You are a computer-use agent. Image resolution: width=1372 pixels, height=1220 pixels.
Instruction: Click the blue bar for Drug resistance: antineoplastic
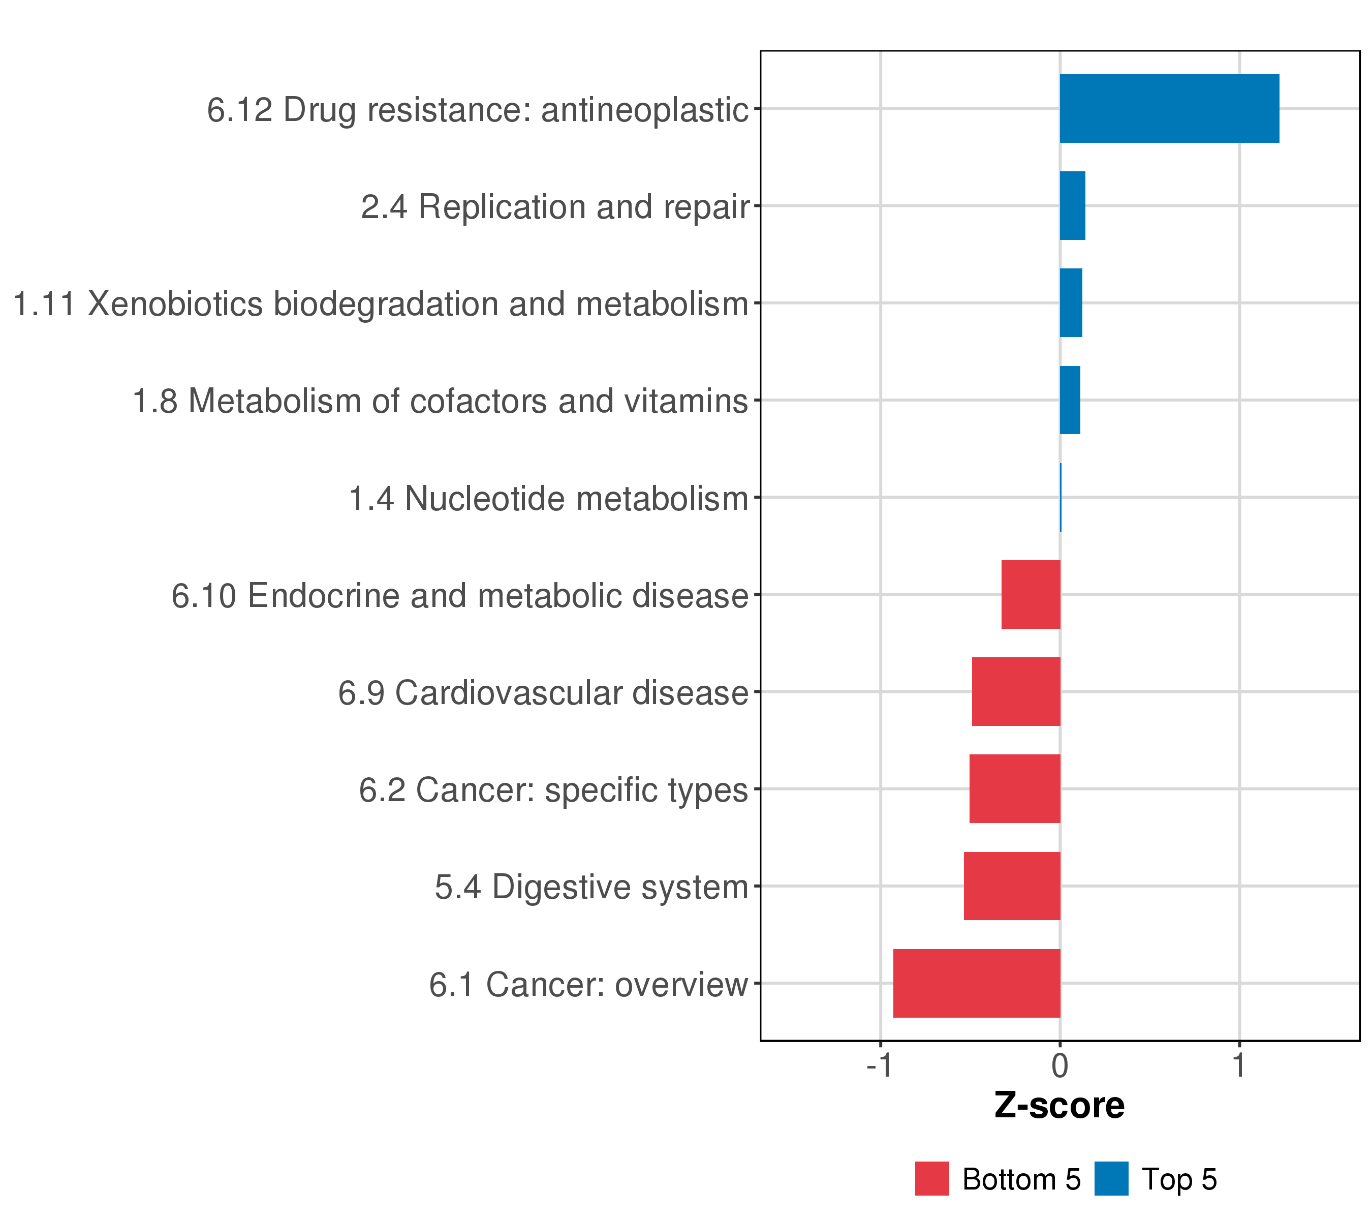(x=1169, y=109)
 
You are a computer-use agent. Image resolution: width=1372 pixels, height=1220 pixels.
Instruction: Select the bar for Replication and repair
(x=1072, y=205)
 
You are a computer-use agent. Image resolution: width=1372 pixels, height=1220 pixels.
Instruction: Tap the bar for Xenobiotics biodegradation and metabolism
(x=1071, y=303)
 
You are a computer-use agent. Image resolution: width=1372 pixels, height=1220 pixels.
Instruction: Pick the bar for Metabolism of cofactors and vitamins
(x=1070, y=400)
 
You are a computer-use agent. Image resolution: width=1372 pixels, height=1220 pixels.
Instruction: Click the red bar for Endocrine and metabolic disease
(x=1031, y=594)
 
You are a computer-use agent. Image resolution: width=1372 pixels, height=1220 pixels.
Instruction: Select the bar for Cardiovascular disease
(x=1016, y=691)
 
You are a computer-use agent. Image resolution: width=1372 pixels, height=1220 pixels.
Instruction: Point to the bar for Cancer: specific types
(x=1014, y=789)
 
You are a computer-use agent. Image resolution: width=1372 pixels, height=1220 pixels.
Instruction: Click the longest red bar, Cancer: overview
(x=976, y=984)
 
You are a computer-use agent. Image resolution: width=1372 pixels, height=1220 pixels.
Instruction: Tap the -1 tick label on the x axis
(x=879, y=1065)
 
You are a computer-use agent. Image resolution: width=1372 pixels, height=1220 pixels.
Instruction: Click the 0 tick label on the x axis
(x=1060, y=1065)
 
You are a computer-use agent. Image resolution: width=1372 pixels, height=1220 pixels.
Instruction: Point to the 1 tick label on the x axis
(x=1239, y=1065)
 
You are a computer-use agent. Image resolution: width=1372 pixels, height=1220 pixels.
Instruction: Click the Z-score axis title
(x=1059, y=1106)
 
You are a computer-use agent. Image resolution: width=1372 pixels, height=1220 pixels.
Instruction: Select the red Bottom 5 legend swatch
(x=931, y=1179)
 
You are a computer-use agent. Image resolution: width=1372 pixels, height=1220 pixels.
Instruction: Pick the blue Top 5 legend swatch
(x=1111, y=1179)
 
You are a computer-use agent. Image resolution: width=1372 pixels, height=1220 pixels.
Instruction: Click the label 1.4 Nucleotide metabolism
(x=548, y=499)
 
